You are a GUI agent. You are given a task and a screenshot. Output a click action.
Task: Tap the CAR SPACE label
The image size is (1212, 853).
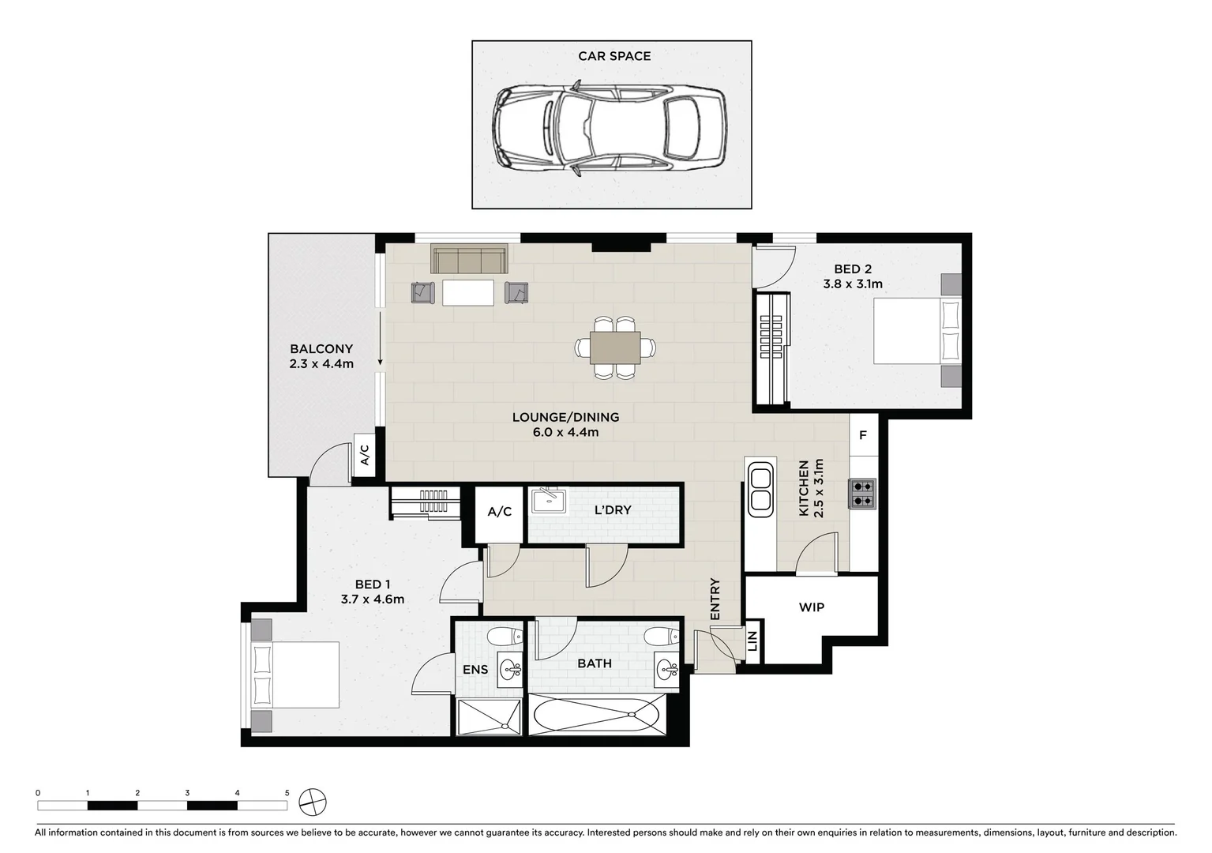614,56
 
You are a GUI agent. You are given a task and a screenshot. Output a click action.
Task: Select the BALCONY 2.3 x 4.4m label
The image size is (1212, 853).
321,356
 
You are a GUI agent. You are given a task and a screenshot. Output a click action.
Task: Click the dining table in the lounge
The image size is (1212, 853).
615,347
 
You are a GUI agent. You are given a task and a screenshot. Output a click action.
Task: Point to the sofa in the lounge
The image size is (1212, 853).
469,260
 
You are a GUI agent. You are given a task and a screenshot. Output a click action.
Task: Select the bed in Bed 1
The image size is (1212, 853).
295,675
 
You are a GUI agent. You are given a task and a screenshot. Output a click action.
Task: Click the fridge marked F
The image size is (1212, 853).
863,435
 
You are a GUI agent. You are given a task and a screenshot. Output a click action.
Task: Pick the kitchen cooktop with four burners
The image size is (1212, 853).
862,493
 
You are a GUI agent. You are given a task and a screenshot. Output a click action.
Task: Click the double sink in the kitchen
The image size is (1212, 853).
760,489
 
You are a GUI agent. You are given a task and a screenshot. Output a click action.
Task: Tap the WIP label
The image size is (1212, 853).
811,607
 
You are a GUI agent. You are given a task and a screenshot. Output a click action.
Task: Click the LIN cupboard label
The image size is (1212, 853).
752,641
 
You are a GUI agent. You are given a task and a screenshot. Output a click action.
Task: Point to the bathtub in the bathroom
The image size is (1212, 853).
597,716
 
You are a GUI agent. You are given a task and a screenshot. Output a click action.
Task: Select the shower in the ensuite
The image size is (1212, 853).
490,716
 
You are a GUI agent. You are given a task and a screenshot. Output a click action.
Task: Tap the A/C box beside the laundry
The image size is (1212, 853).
499,512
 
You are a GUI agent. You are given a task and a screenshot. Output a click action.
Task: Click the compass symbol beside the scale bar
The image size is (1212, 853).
313,802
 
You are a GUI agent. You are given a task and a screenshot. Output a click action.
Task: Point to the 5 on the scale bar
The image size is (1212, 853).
287,792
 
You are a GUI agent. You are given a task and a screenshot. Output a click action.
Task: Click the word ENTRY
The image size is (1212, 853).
715,599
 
